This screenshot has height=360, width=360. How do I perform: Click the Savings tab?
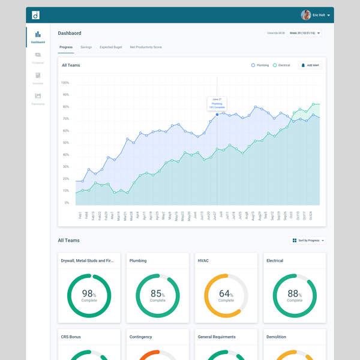click(x=86, y=47)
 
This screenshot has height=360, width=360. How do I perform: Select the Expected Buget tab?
click(x=110, y=47)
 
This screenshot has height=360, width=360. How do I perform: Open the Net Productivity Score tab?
click(x=145, y=47)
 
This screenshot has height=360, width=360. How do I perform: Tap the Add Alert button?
click(x=310, y=65)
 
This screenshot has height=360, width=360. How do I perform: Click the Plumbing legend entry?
click(x=260, y=65)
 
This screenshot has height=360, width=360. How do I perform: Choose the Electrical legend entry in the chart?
click(x=281, y=65)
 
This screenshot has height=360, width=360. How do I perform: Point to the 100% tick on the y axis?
click(x=65, y=83)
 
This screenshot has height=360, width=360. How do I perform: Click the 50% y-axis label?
click(x=65, y=143)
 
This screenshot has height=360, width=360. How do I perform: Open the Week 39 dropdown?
click(x=304, y=33)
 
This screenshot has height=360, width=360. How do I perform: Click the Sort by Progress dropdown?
click(x=308, y=241)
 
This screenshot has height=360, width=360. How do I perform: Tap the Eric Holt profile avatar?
click(x=306, y=15)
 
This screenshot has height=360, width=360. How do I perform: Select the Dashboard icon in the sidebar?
click(x=38, y=35)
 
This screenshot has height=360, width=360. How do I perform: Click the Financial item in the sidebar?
click(x=38, y=57)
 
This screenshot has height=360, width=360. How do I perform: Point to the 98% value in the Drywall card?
click(x=89, y=294)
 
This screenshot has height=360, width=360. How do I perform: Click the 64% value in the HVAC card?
click(x=226, y=294)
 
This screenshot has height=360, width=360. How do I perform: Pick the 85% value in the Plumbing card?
click(x=157, y=294)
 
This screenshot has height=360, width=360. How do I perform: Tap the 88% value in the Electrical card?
click(x=294, y=294)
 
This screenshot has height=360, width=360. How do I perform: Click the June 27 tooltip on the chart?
click(x=217, y=103)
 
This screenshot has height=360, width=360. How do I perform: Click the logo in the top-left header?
click(x=35, y=15)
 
